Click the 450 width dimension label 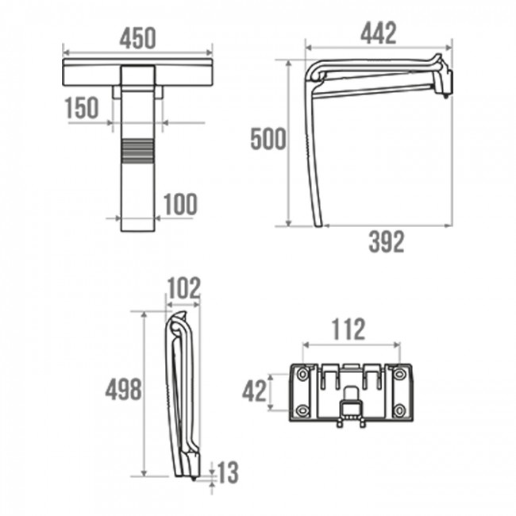point(137,37)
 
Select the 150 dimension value point(82,109)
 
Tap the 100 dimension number point(180,205)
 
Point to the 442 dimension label point(378,33)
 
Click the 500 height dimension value point(268,139)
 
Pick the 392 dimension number point(386,242)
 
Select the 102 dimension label point(183,287)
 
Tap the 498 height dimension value point(123,389)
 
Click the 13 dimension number point(226,474)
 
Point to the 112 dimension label point(348,328)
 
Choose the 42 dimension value point(255,391)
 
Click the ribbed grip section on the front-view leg point(138,150)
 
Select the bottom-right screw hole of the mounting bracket point(399,410)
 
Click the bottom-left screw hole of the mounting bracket point(302,410)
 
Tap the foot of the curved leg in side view point(319,224)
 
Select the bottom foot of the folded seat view point(194,476)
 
